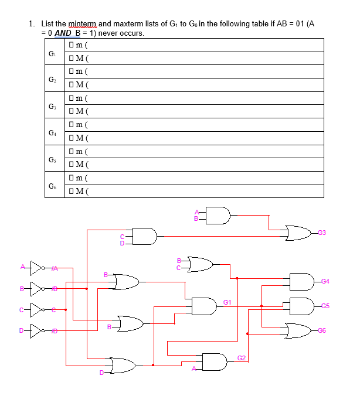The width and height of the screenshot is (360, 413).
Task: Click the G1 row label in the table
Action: coord(52,52)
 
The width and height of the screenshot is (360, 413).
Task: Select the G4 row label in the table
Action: coord(52,131)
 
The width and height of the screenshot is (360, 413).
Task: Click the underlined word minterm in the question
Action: coord(83,24)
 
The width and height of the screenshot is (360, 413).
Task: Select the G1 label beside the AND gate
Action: coord(227,301)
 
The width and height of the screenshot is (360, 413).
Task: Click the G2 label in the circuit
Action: coord(241,357)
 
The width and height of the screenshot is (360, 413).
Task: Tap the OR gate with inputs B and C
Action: coord(200,265)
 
